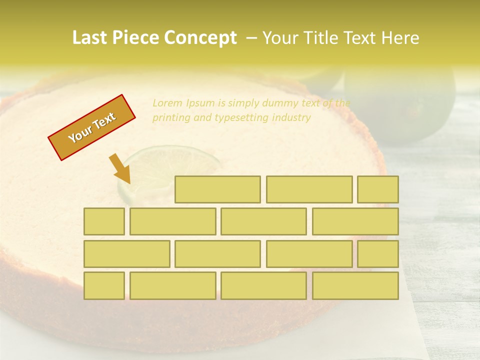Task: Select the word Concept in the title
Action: point(202,38)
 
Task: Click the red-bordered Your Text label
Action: point(91,127)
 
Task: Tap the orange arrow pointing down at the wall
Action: point(120,168)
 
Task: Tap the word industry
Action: point(292,118)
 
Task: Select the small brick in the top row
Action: point(378,189)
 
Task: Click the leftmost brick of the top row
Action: point(217,189)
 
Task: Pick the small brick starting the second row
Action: point(104,221)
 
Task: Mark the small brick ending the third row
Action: point(378,254)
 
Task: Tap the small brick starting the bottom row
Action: point(104,286)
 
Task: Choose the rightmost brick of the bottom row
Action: point(355,286)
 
